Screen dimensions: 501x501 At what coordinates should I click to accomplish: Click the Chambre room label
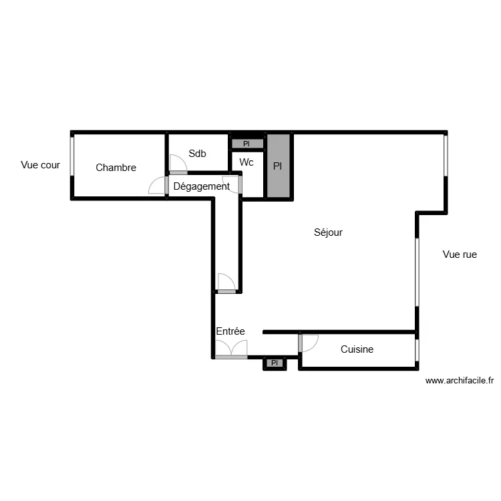[x=116, y=168]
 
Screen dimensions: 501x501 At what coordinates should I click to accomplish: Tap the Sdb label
[x=197, y=154]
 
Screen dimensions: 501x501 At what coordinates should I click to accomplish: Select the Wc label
[x=246, y=162]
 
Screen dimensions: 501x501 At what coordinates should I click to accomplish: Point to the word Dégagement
[x=201, y=186]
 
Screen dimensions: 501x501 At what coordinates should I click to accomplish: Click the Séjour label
[x=328, y=232]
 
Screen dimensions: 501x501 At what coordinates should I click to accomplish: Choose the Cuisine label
[x=357, y=349]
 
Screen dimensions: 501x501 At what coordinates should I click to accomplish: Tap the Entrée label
[x=230, y=331]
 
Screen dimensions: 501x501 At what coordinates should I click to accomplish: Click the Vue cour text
[x=41, y=165]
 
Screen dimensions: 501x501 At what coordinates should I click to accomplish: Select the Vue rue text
[x=460, y=255]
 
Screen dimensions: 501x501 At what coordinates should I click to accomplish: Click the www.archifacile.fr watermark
[x=460, y=381]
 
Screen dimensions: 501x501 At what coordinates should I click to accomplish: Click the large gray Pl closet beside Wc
[x=278, y=166]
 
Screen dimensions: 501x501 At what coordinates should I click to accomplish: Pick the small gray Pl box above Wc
[x=246, y=144]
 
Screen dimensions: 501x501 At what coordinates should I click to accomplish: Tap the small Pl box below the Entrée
[x=274, y=363]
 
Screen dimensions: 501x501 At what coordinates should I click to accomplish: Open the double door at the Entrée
[x=231, y=349]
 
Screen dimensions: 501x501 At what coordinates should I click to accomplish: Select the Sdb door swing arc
[x=178, y=164]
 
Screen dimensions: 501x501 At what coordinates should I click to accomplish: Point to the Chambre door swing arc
[x=158, y=185]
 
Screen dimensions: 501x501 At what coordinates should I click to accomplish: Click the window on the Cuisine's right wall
[x=417, y=349]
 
